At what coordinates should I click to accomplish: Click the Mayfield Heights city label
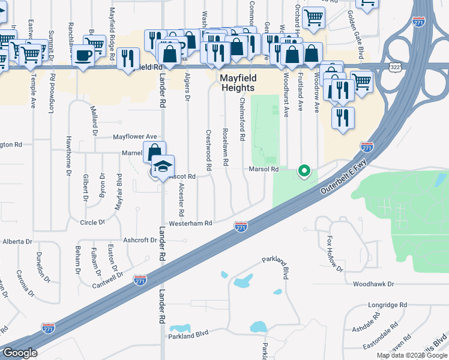pyautogui.click(x=237, y=83)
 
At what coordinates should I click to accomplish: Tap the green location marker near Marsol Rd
pyautogui.click(x=304, y=171)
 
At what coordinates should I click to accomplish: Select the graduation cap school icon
pyautogui.click(x=163, y=166)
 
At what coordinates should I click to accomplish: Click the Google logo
pyautogui.click(x=20, y=353)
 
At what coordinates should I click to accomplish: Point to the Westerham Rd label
pyautogui.click(x=191, y=223)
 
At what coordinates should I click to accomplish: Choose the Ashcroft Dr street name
pyautogui.click(x=140, y=239)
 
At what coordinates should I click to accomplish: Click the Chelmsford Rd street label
pyautogui.click(x=243, y=119)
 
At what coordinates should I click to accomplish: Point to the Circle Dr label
pyautogui.click(x=92, y=223)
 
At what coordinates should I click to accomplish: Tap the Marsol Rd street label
pyautogui.click(x=264, y=170)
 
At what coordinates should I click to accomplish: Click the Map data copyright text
pyautogui.click(x=412, y=355)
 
